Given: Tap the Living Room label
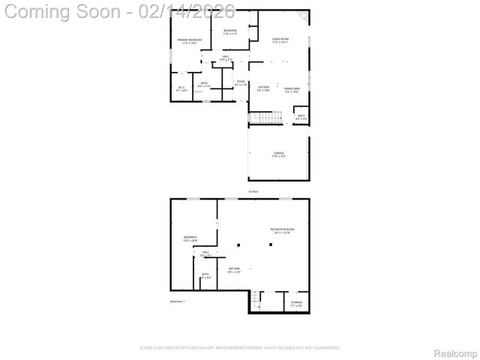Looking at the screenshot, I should pos(280,40).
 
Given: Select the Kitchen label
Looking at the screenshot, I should pos(264,88).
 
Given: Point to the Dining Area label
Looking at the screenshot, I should pos(292,90).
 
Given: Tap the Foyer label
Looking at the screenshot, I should pos(241,82).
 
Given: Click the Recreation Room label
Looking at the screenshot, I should pos(282,230).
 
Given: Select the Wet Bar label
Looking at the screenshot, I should pos(234,270).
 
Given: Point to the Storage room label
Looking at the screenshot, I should pos(296,304).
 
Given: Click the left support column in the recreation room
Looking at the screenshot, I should pos(238,244).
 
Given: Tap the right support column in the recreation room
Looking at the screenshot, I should pos(275,244).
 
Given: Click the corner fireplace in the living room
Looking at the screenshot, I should pos(304,16).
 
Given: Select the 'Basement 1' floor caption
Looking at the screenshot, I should pos(178,301).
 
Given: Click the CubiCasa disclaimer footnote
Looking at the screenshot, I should pos(240,347).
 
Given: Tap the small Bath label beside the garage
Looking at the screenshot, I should pos(301,118).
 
